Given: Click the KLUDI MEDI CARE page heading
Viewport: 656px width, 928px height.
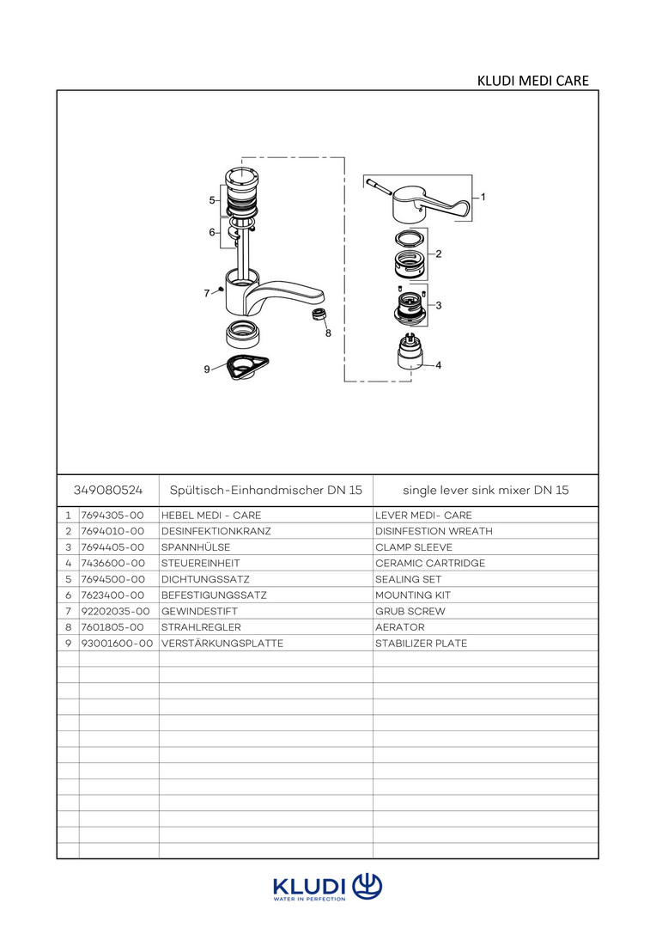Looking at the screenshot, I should pyautogui.click(x=532, y=81).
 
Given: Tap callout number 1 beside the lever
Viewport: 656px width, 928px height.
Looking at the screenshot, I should pyautogui.click(x=483, y=197).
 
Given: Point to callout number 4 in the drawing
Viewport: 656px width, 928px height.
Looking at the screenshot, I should pyautogui.click(x=438, y=365).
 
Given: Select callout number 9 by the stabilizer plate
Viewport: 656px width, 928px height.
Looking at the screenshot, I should pyautogui.click(x=207, y=369).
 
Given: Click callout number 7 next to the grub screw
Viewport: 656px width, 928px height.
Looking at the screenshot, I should pyautogui.click(x=207, y=293).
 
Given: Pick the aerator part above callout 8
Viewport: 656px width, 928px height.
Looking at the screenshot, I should pyautogui.click(x=320, y=314).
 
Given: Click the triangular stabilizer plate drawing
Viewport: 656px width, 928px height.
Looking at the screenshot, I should pyautogui.click(x=244, y=367).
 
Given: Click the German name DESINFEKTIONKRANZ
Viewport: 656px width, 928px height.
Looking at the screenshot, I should pyautogui.click(x=216, y=531).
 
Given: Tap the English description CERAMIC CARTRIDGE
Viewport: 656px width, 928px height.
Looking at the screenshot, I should pyautogui.click(x=430, y=563).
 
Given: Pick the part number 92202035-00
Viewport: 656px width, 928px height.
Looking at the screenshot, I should pyautogui.click(x=116, y=611).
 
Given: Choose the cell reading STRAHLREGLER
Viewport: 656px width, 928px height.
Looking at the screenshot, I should pyautogui.click(x=201, y=627).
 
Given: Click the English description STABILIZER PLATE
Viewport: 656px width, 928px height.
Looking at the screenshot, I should pyautogui.click(x=421, y=643).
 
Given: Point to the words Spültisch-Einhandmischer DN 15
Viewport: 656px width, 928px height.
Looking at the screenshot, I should pyautogui.click(x=265, y=491).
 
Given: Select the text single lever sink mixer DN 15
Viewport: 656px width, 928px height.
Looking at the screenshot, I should pyautogui.click(x=485, y=491).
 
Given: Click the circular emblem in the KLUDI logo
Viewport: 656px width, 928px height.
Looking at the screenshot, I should pyautogui.click(x=367, y=885).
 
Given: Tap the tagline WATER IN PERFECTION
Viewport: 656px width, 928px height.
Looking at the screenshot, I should pyautogui.click(x=309, y=899).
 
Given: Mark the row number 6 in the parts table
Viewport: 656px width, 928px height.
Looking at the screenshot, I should pyautogui.click(x=68, y=595).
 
